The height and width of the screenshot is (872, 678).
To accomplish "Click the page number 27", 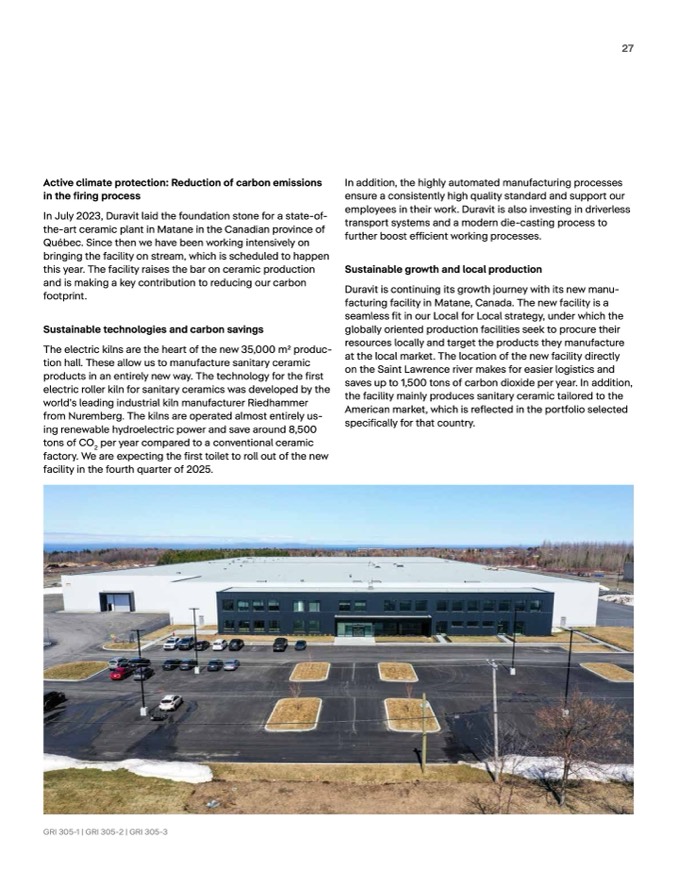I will [628, 47].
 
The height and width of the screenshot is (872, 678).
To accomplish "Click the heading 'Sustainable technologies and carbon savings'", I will [153, 328].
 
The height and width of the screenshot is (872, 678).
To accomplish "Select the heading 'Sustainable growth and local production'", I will [443, 269].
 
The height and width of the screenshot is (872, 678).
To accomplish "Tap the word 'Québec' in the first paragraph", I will [62, 243].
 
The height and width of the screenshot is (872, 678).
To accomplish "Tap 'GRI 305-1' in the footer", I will [62, 832].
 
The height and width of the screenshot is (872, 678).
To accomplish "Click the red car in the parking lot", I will [120, 674].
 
